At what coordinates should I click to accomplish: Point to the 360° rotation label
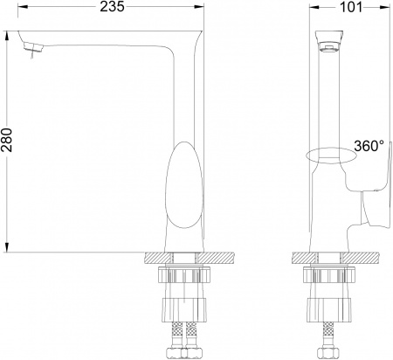[367, 146]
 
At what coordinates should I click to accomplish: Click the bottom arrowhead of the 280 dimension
[9, 247]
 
